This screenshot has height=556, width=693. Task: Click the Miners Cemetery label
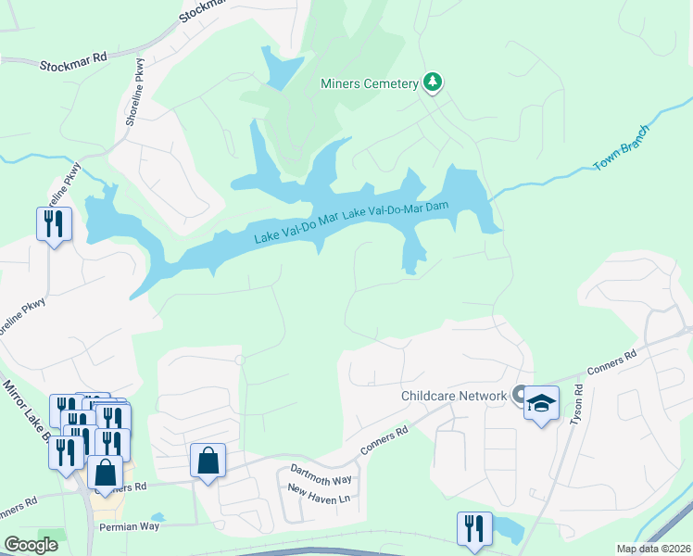(x=370, y=84)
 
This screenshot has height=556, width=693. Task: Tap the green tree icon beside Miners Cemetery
(x=432, y=82)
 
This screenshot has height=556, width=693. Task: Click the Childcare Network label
(x=454, y=396)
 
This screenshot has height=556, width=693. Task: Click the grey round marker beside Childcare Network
(x=520, y=395)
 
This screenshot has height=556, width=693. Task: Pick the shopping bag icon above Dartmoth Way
(x=208, y=460)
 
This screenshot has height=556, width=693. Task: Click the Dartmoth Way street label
(x=321, y=474)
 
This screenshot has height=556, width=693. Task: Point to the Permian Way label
(x=130, y=526)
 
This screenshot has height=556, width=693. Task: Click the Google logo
(x=31, y=545)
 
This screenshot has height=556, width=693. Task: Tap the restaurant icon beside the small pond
(x=473, y=529)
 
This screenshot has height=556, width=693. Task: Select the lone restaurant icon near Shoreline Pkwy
(x=54, y=223)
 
